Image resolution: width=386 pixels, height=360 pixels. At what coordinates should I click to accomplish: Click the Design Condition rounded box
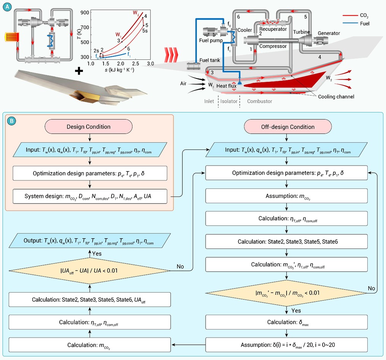tap(88, 127)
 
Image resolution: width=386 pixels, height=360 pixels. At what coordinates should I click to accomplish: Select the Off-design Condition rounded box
tap(288, 127)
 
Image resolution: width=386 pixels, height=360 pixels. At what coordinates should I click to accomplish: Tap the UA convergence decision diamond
tap(89, 271)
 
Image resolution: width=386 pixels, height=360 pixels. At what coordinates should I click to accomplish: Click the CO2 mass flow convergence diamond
tap(286, 293)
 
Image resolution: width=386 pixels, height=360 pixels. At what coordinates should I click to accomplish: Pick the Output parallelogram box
tap(89, 241)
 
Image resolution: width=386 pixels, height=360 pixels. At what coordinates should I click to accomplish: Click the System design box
tap(90, 196)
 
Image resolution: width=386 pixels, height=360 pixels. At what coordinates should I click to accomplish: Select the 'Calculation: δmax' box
tap(287, 322)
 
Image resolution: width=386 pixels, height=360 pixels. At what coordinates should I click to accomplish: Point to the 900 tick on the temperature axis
tap(85, 13)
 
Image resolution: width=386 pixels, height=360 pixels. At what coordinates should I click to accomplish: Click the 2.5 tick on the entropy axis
tap(136, 64)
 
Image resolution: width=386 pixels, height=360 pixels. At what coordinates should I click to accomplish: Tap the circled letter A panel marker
tap(7, 6)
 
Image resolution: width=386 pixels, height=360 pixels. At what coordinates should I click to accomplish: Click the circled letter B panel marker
tap(11, 121)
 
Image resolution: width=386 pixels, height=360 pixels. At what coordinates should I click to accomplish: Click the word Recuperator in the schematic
tap(273, 29)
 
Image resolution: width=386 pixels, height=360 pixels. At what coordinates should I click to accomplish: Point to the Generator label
tap(329, 33)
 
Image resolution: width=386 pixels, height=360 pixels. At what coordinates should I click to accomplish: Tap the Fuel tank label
tap(209, 60)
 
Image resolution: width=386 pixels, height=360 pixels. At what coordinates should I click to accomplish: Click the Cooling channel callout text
tap(336, 97)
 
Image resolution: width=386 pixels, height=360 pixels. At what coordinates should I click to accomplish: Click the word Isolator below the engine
tap(229, 101)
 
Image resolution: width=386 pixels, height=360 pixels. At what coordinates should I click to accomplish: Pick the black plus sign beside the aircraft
tap(79, 71)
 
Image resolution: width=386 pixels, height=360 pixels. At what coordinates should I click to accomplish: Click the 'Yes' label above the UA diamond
tap(97, 254)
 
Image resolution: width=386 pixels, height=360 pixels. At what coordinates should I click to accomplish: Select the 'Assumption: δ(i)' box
tap(287, 345)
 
